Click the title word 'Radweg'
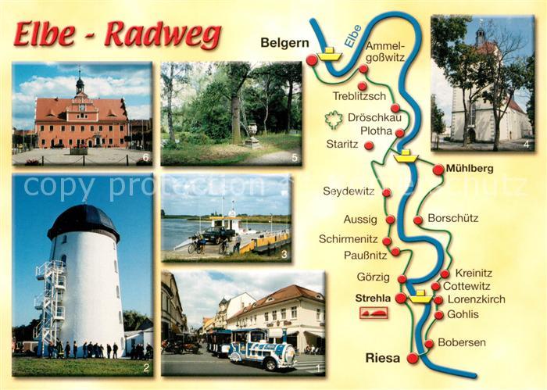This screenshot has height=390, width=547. [x=162, y=35]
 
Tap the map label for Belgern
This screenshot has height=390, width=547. [x=284, y=44]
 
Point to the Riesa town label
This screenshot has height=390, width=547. [x=382, y=359]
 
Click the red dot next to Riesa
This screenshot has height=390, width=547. [x=413, y=359]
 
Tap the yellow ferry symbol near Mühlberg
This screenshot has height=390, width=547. [x=406, y=156]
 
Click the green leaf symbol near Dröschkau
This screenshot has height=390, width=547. [x=334, y=120]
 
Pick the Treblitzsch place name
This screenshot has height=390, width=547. [x=359, y=96]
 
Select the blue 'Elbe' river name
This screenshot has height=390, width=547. [x=353, y=38]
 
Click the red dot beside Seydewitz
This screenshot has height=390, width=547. [x=387, y=192]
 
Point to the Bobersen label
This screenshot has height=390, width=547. [x=461, y=342]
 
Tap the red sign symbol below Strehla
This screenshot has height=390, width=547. [x=373, y=313]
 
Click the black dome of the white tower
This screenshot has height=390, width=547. [x=83, y=221]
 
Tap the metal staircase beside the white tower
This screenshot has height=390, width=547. [x=49, y=301]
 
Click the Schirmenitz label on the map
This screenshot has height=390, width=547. [x=349, y=239]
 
